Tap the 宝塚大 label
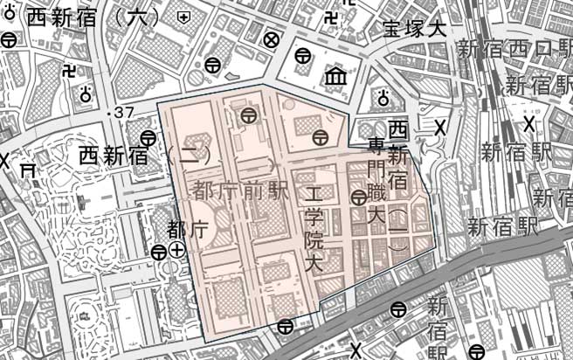pos(414,28)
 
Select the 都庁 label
pos(186,230)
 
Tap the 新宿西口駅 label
pos(514,49)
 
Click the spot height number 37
pos(123,112)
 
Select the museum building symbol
pos(335,78)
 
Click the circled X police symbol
pos(272,39)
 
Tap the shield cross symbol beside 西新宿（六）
pos(183,17)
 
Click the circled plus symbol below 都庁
pos(177,251)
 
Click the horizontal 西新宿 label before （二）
pos(114,156)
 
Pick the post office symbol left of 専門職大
pos(358,198)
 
